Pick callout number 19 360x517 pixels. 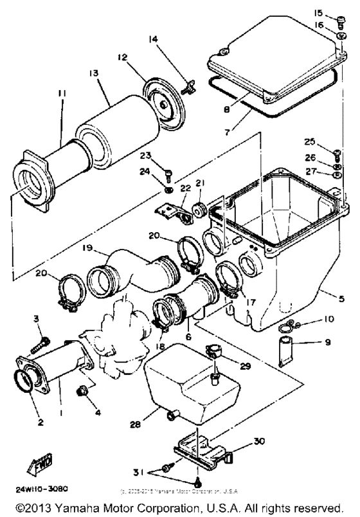point(87,247)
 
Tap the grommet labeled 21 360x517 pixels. point(197,209)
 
